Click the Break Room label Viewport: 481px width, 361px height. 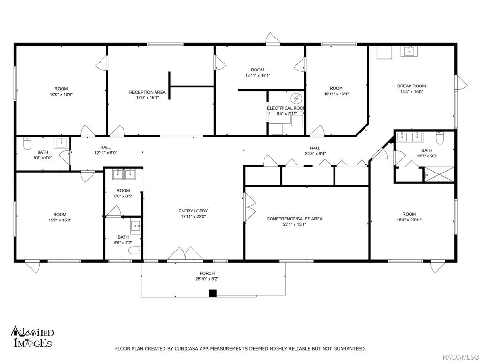point(411,86)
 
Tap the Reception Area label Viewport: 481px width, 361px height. point(147,92)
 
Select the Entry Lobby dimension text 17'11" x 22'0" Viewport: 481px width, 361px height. point(193,216)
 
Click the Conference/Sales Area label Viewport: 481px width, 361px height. point(295,219)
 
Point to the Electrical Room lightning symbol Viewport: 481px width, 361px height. point(297,98)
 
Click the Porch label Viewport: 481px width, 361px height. point(207,273)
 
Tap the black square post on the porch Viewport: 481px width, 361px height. point(213,293)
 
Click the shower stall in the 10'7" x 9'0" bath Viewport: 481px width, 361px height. point(439,175)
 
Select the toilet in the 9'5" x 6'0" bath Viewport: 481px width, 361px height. point(28,143)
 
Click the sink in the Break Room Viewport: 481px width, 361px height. point(410,51)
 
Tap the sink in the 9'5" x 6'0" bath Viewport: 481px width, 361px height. point(62,143)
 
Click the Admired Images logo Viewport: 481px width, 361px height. point(32,337)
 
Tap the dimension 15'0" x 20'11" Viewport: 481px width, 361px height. point(409,220)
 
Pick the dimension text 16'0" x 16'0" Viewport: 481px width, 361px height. point(62,94)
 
